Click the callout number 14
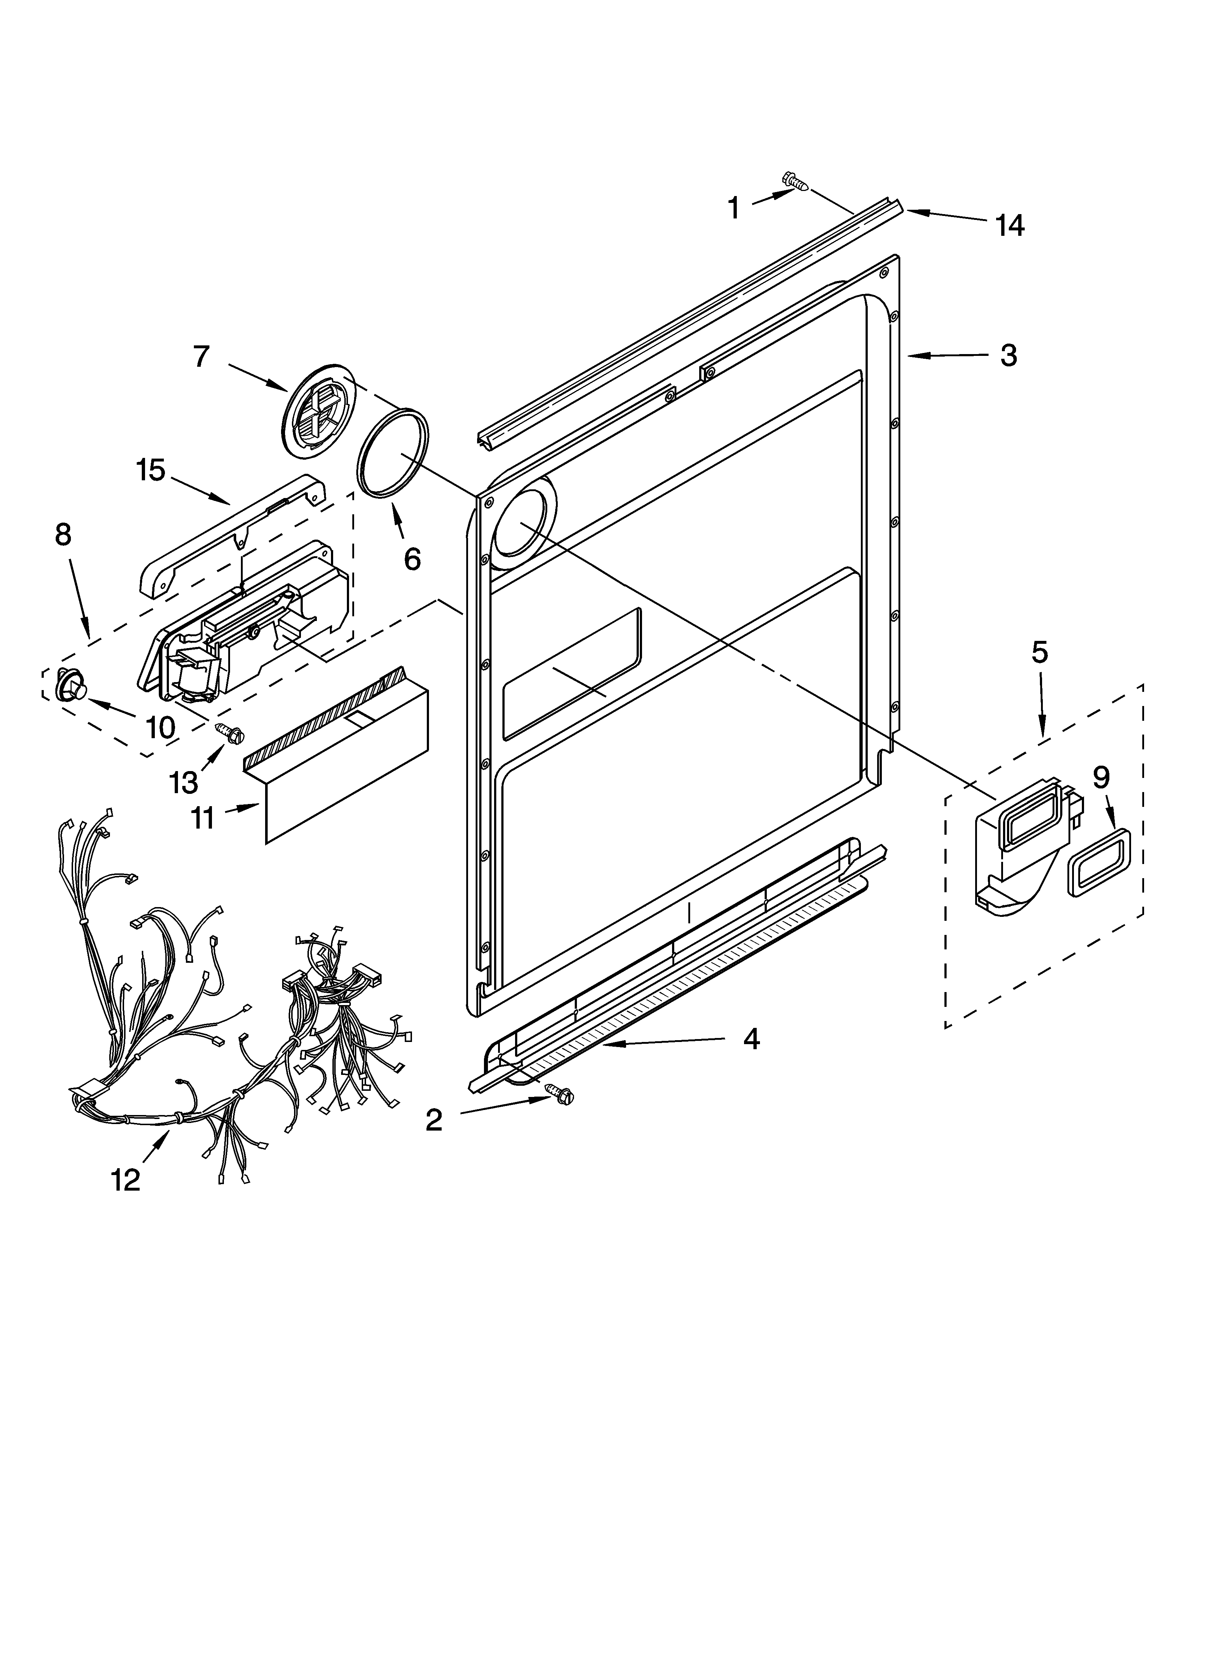click(1009, 226)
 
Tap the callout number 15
click(150, 470)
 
